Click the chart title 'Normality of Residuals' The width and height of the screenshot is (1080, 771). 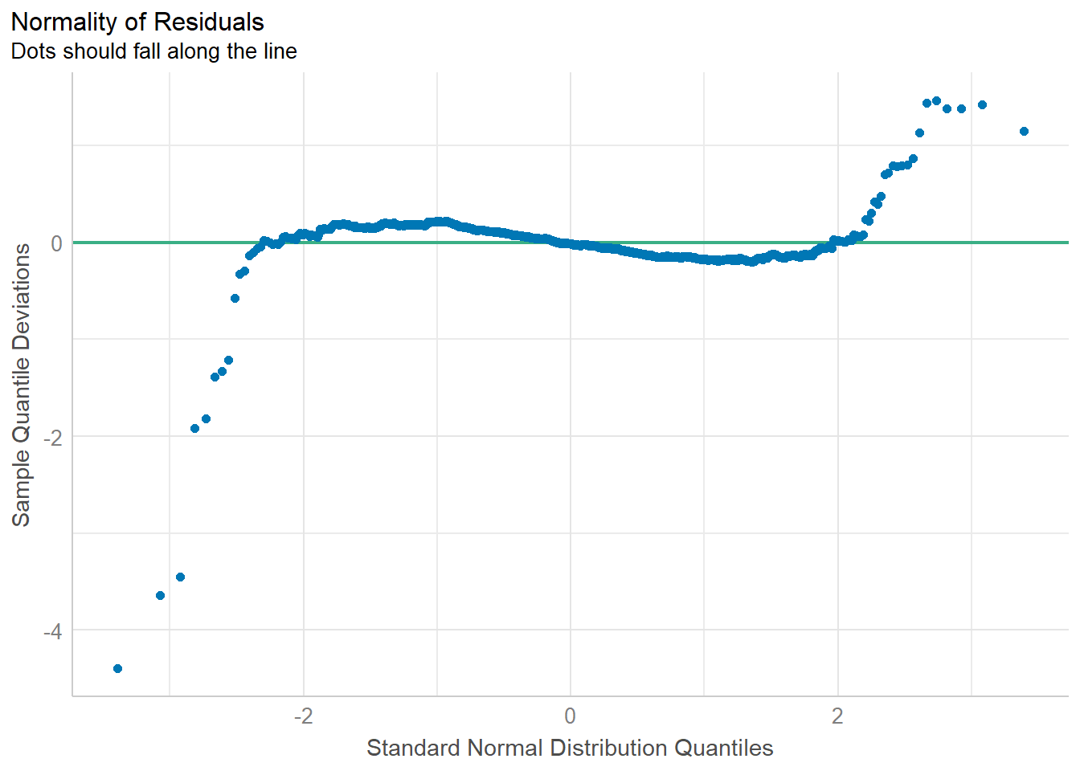137,22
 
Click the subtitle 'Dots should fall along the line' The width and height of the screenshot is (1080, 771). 153,51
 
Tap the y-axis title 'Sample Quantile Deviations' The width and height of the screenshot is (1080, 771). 21,385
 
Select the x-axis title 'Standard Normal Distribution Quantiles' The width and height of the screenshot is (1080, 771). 570,748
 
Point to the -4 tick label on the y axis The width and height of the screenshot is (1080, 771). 52,631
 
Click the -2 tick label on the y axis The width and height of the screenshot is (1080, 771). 52,438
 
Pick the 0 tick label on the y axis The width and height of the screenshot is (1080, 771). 56,243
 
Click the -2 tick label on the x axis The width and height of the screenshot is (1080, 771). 302,716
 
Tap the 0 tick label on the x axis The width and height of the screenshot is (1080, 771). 570,716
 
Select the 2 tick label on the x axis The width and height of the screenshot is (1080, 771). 837,716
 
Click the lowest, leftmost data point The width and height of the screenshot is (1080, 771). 117,668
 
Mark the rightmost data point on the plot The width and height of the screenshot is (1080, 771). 1024,131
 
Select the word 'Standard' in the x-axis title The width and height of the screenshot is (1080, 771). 413,748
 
